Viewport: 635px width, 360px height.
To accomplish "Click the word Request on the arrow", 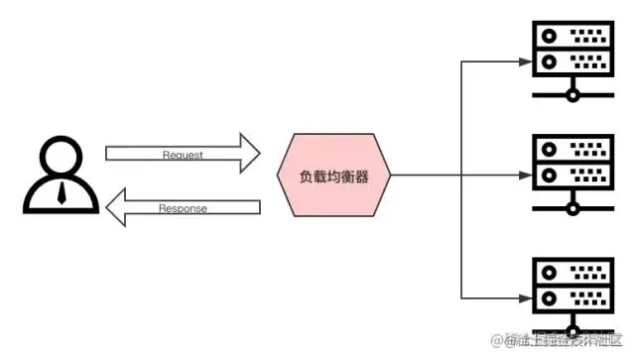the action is coord(183,155).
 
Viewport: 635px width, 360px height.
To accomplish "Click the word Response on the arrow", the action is coord(183,208).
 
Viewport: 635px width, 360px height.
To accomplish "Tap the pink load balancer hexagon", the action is coord(335,177).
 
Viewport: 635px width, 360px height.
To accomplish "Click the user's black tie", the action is coord(62,192).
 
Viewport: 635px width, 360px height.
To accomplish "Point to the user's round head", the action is coord(62,157).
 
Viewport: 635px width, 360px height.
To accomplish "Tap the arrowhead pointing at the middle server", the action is coord(526,177).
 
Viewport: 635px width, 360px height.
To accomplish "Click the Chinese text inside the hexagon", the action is coord(335,177).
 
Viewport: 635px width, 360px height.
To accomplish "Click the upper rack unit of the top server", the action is coord(571,38).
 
